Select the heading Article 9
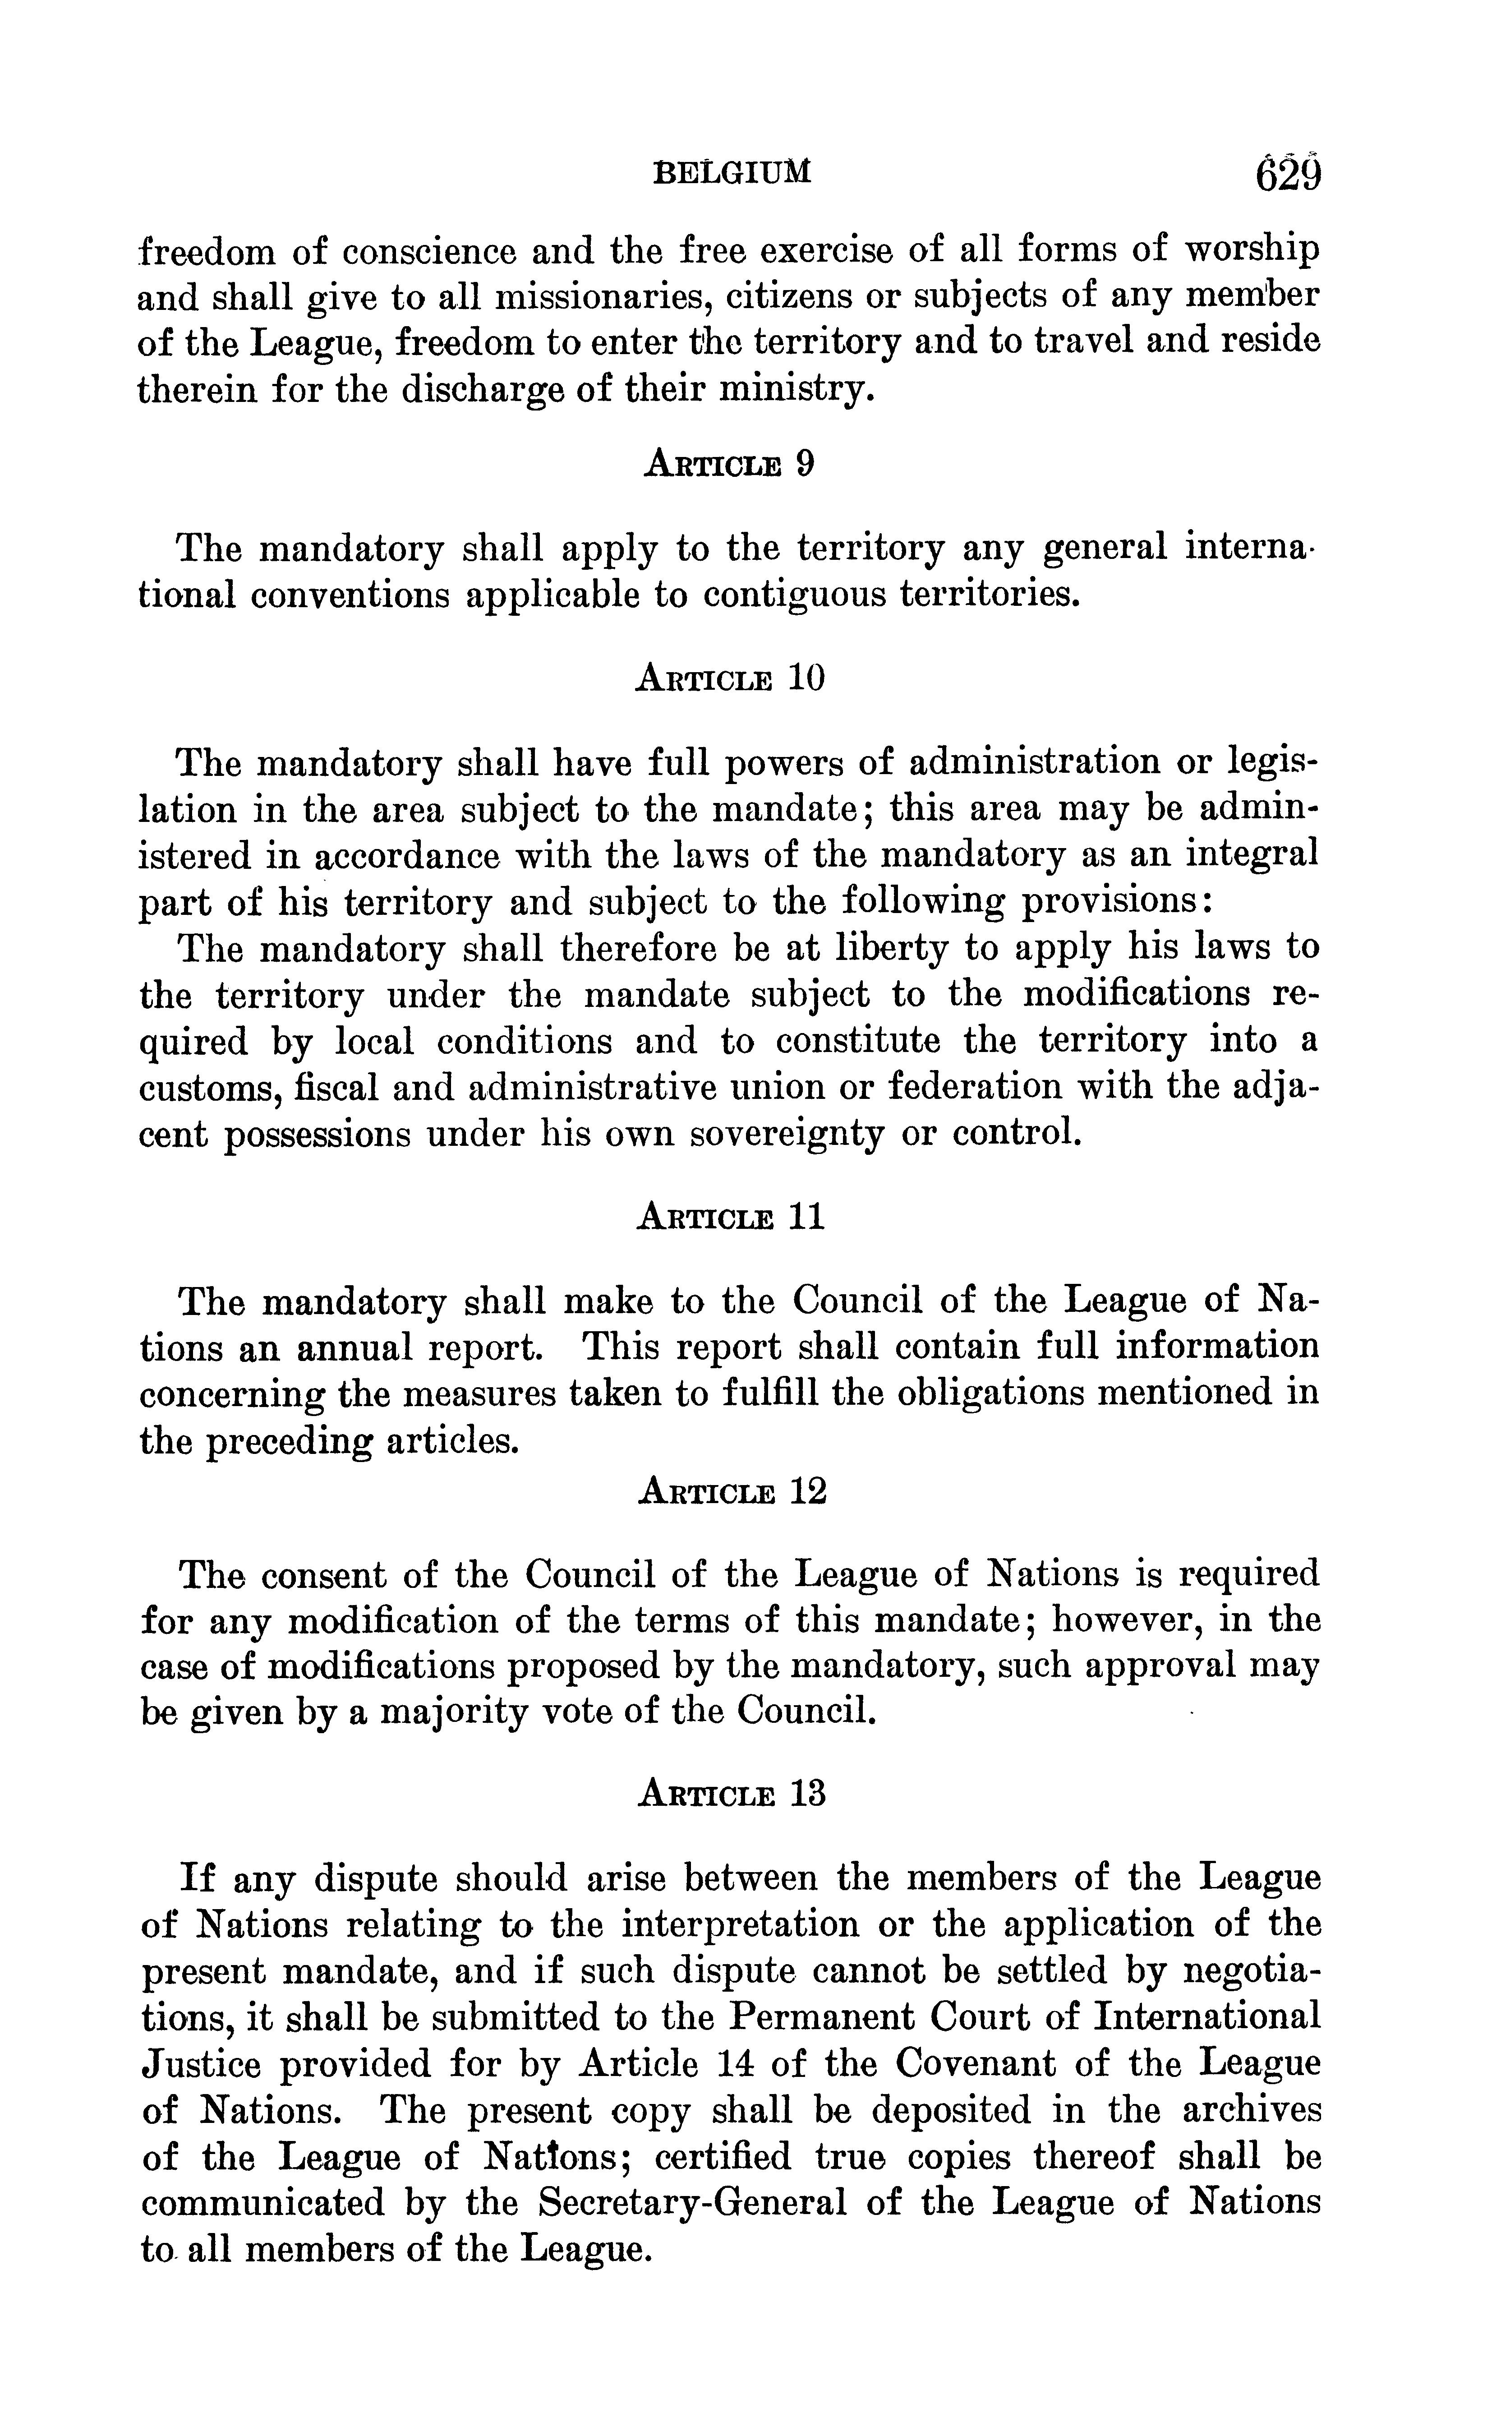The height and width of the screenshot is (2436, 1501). [730, 464]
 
